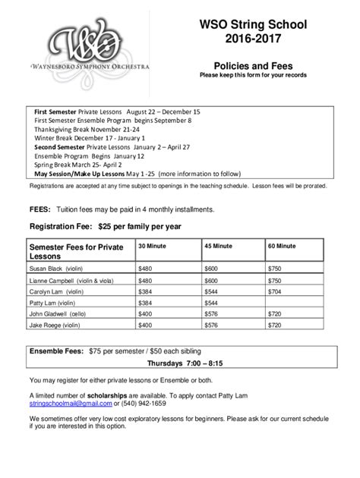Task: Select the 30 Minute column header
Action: point(154,246)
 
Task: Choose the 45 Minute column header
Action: point(219,246)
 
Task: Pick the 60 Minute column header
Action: point(282,246)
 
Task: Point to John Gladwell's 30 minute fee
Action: point(145,313)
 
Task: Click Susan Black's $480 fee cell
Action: point(145,269)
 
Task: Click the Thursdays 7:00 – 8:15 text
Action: point(178,364)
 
